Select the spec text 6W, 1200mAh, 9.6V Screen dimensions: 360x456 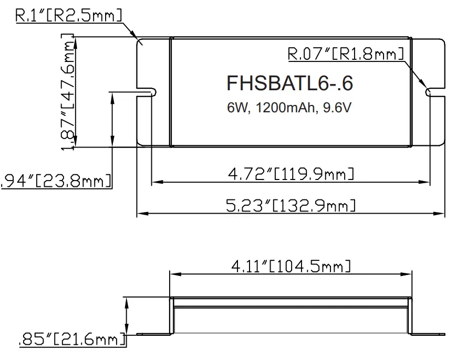289,108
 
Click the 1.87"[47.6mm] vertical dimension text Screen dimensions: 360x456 68,92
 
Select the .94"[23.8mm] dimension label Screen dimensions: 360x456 57,181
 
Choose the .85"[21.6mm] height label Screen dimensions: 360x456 72,340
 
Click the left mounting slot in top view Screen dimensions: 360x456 147,92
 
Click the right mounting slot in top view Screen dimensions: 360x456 434,92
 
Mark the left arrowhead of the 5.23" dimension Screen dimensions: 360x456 140,214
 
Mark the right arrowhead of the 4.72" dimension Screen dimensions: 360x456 427,182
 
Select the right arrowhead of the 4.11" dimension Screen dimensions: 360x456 407,274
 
